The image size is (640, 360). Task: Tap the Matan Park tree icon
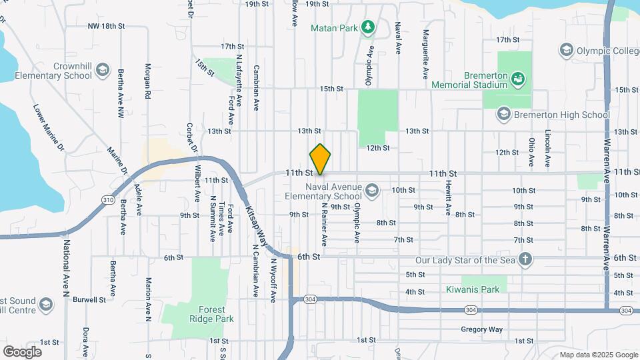367,27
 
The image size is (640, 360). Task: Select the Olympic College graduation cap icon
566,50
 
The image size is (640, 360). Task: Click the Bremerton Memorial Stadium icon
517,80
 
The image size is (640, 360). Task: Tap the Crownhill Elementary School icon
102,70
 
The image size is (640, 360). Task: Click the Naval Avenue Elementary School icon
371,192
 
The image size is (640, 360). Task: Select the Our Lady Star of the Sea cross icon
525,259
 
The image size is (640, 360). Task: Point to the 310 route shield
107,199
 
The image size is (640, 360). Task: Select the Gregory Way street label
481,329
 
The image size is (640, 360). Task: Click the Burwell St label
89,300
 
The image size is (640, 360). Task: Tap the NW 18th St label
107,26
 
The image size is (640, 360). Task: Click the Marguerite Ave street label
425,45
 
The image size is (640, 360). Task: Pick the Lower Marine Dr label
51,127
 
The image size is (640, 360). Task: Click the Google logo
22,351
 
